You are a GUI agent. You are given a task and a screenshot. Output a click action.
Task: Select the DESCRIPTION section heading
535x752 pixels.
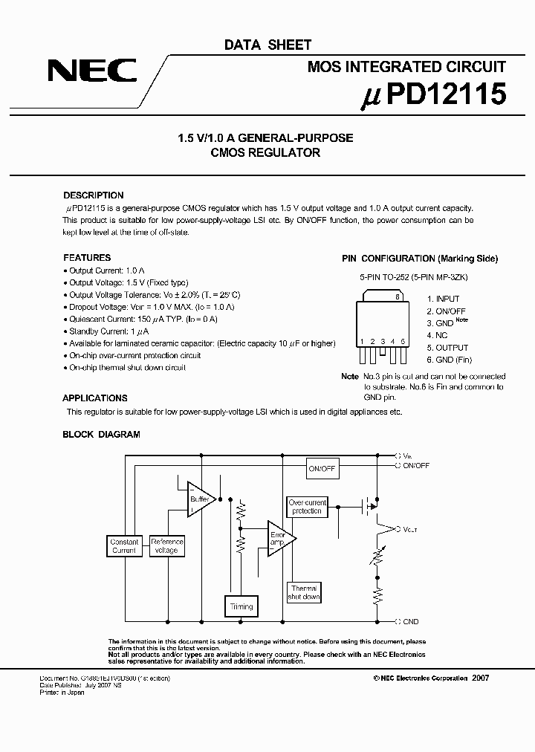point(94,195)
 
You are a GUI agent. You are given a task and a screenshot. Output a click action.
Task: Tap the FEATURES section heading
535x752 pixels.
point(87,258)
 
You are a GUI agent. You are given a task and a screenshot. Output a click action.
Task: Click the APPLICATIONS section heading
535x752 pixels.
point(95,398)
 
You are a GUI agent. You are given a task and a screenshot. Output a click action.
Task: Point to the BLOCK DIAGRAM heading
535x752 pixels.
point(101,435)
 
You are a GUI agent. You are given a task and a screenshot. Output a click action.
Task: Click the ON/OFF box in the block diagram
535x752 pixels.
point(322,469)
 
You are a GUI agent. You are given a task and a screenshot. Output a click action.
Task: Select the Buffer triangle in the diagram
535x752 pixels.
point(201,499)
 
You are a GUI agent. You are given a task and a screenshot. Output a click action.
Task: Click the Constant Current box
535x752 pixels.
point(124,546)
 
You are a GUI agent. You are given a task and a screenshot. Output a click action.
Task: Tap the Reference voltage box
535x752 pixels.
point(166,546)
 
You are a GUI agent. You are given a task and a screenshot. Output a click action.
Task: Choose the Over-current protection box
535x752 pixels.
point(307,507)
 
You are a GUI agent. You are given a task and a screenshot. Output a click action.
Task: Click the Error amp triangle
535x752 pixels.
point(281,539)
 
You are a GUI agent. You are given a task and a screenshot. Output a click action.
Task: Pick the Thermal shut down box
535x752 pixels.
point(304,592)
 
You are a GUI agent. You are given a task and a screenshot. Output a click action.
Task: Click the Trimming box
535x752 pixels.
point(241,606)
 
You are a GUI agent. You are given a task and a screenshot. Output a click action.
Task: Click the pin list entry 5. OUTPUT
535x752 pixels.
point(447,348)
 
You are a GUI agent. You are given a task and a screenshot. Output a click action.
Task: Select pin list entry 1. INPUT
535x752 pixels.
point(443,299)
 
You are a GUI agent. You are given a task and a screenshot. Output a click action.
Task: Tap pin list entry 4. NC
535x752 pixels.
point(437,335)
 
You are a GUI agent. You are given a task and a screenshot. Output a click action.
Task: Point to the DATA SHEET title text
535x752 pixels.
point(268,45)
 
